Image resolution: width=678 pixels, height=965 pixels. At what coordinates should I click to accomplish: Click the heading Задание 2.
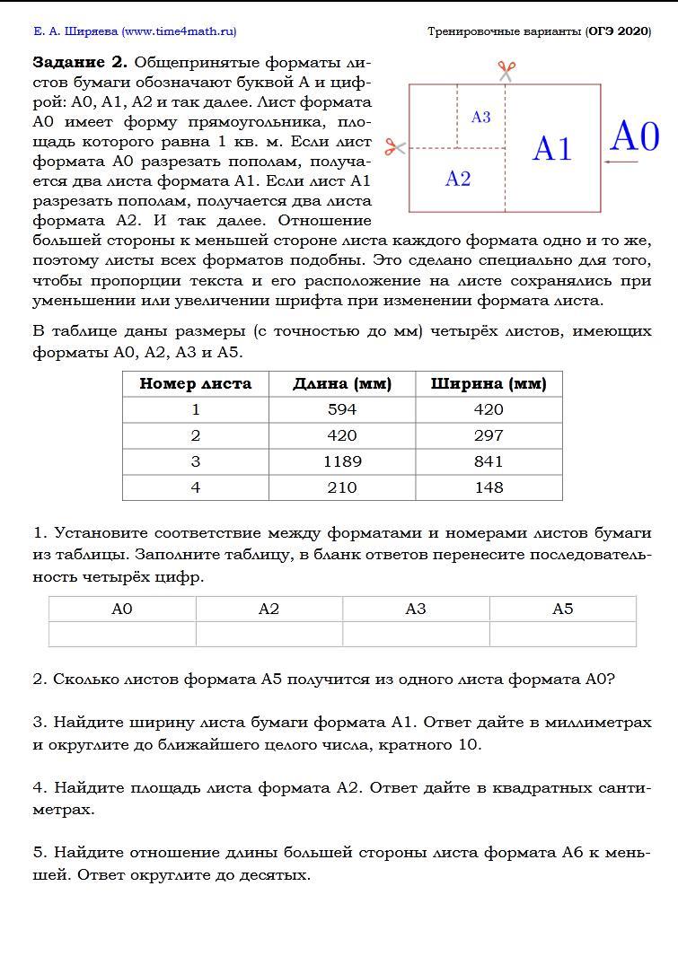pos(81,63)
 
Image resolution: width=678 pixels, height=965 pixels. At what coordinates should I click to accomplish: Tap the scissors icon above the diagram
pos(506,70)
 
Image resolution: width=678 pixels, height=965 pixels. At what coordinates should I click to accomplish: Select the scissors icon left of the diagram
pos(395,146)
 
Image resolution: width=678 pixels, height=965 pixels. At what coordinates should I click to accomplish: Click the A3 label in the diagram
pos(480,118)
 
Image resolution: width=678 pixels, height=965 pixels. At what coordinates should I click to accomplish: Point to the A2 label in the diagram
pos(458,179)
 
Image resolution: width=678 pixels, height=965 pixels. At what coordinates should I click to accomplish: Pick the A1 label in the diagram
pos(551,149)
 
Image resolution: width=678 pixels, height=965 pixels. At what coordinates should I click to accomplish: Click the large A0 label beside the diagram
pos(634,137)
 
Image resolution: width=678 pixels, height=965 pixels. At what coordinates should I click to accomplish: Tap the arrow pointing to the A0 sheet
pos(620,162)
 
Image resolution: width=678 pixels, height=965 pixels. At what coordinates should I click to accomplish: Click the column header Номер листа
pos(195,384)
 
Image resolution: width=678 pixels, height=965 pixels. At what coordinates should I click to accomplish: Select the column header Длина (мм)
pos(342,384)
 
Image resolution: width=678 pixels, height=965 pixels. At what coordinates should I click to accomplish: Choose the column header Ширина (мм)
pos(489,384)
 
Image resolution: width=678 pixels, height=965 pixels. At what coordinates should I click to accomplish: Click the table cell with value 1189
pos(342,461)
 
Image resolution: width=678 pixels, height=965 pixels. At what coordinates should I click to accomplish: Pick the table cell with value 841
pos(489,461)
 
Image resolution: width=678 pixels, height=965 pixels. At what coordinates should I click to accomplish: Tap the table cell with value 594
pos(342,409)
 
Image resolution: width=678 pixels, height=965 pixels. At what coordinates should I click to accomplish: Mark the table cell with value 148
pos(489,487)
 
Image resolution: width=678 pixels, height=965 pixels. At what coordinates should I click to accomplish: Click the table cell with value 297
pos(489,435)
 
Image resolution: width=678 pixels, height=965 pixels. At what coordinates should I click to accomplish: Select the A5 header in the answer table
pos(562,610)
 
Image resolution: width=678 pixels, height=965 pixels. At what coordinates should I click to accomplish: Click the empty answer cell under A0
pos(122,635)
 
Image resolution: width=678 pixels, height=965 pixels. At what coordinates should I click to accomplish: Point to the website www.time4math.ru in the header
pos(179,31)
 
